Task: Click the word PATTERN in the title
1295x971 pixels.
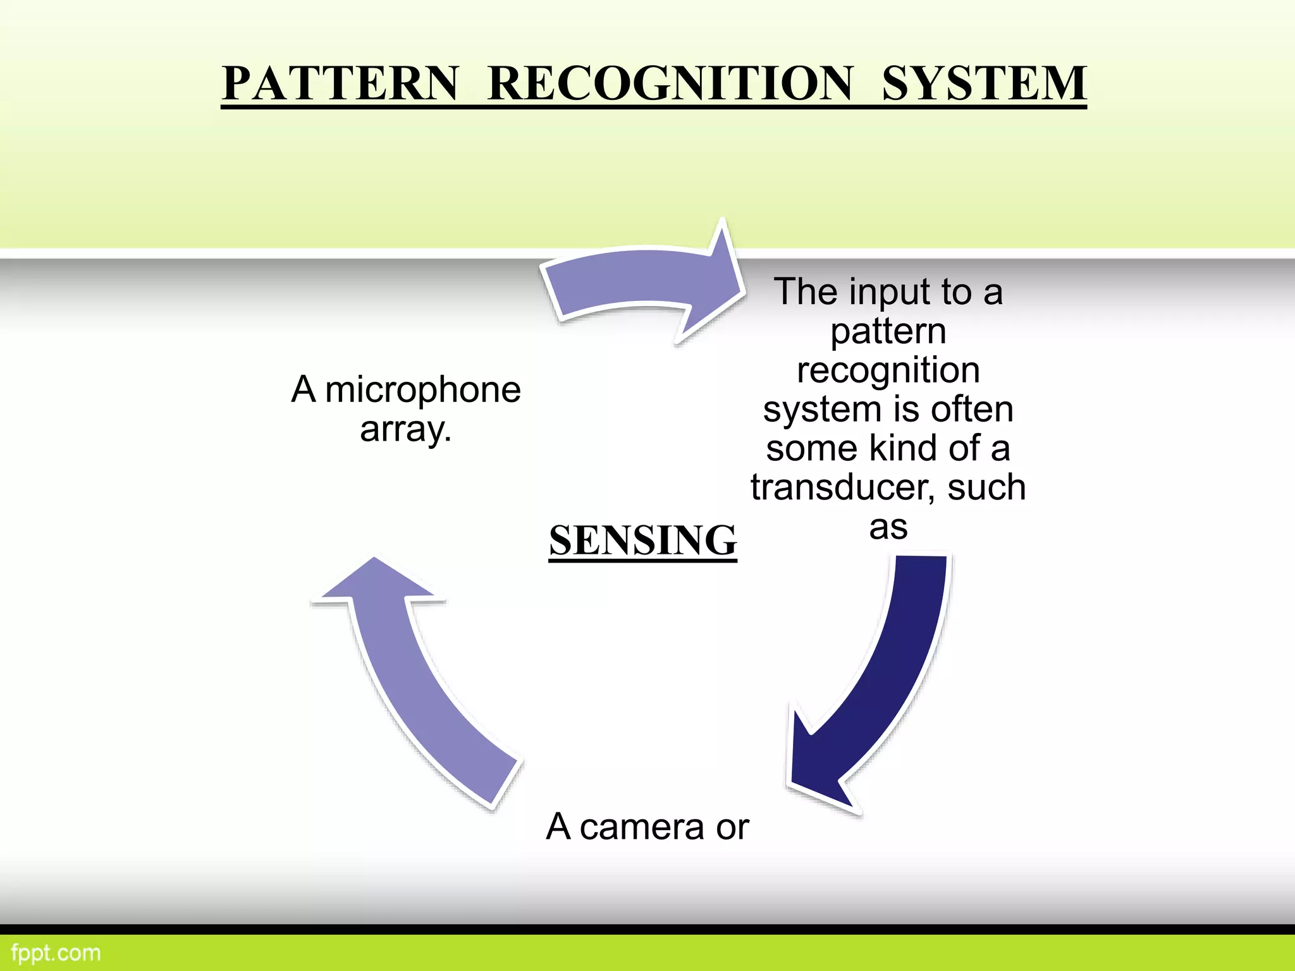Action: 340,83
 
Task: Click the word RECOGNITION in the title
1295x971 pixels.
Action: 670,83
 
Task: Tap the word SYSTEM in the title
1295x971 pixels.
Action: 984,83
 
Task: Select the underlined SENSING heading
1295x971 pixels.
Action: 642,540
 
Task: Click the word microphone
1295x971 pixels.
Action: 422,390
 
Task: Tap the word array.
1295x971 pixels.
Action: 405,430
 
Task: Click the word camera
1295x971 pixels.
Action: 642,827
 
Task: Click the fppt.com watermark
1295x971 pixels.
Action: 56,953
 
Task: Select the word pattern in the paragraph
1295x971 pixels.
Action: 888,331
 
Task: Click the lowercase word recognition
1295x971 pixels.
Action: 888,370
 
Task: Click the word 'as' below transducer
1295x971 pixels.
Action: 888,527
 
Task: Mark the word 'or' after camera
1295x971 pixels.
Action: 732,827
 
